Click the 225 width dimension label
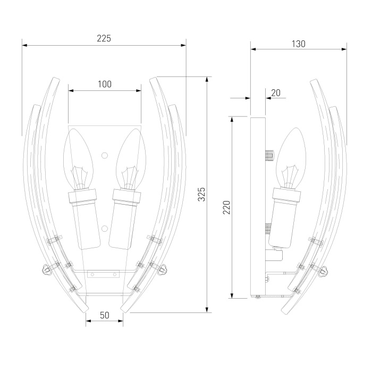click(x=104, y=38)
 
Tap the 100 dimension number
click(x=105, y=84)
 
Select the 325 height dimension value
click(x=201, y=195)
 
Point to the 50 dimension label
click(x=105, y=315)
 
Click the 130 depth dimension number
click(x=299, y=44)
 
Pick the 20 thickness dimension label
click(x=276, y=93)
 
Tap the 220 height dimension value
click(x=226, y=207)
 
